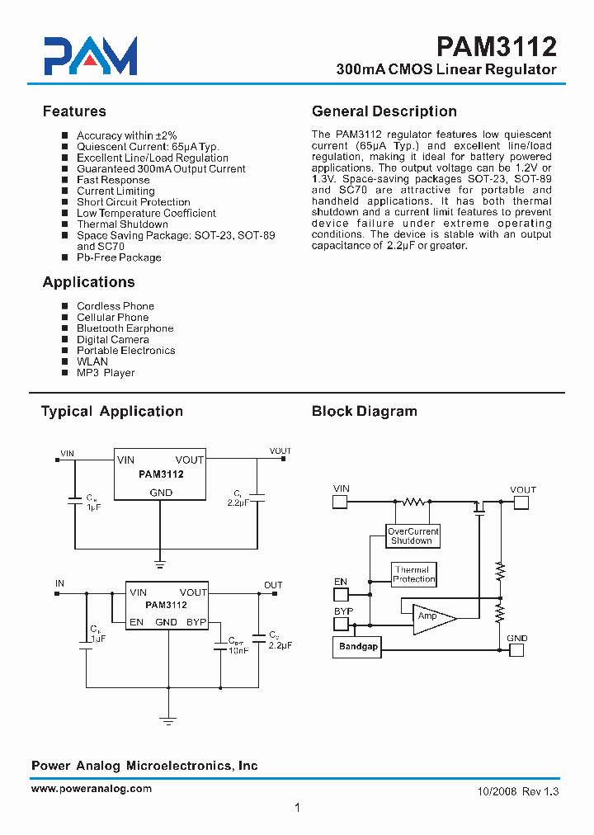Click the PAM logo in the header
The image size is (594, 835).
coord(91,56)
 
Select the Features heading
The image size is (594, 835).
coord(74,111)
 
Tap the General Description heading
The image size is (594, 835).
coord(384,111)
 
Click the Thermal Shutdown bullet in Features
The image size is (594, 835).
coord(122,224)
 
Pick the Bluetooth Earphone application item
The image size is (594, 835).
coord(125,328)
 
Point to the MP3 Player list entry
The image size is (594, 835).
coord(106,373)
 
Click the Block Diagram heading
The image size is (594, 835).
coord(364,411)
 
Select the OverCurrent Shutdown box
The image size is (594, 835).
coord(413,536)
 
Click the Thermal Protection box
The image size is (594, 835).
coord(413,574)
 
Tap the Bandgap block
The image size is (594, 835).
coord(358,647)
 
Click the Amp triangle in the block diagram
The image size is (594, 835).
coord(431,617)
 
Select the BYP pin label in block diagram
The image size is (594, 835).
coord(343,611)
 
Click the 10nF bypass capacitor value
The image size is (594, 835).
coord(238,650)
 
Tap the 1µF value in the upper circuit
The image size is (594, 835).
coord(94,507)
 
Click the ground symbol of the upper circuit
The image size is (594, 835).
coord(161,566)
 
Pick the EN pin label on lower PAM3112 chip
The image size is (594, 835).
coord(136,622)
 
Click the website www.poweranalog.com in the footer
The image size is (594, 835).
coord(92,789)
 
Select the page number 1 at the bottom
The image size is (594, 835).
coord(296,808)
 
